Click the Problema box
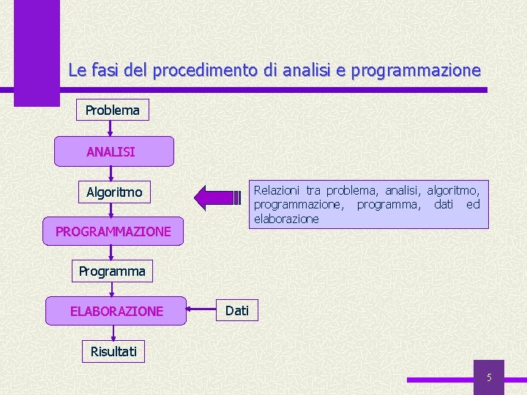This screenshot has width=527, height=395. coord(112,110)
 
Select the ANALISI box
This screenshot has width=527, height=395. coord(111,151)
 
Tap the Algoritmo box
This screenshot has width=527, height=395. coord(114,192)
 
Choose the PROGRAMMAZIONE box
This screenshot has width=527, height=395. coord(113,231)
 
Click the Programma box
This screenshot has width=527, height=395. coord(112,271)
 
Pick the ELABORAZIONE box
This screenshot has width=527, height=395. coord(116,311)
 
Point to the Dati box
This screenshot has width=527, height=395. coord(236,310)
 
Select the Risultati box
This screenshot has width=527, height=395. coord(113,351)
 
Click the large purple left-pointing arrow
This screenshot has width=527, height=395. coord(217,197)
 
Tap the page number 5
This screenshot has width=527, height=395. coord(489,378)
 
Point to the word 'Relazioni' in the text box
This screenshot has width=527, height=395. coord(277,190)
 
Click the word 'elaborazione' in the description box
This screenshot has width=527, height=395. coord(286,219)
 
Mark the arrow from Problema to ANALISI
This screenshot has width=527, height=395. coord(111,129)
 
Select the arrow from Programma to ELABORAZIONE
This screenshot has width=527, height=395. coord(111,289)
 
